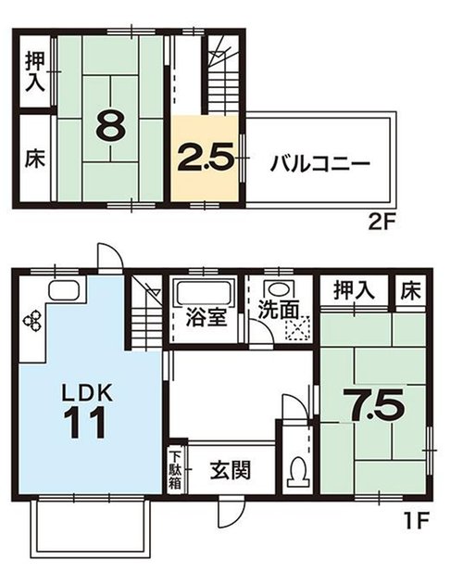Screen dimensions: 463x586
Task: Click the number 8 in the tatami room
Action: click(x=110, y=124)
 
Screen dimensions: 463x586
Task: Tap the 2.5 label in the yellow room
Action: click(x=206, y=158)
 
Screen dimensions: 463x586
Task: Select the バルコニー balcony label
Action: click(x=320, y=164)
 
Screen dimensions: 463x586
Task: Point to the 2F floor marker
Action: click(x=382, y=223)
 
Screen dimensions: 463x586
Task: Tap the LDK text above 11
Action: click(x=87, y=393)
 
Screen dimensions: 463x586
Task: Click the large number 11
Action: click(x=85, y=422)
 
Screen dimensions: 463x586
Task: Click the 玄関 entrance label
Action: click(x=230, y=470)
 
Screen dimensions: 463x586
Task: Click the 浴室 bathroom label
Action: click(x=206, y=318)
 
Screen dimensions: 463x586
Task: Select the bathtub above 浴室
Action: click(x=203, y=293)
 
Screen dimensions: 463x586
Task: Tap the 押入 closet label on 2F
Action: click(x=35, y=71)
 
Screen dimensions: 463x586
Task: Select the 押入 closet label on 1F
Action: click(x=354, y=290)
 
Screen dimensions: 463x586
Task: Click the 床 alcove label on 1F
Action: click(x=411, y=290)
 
